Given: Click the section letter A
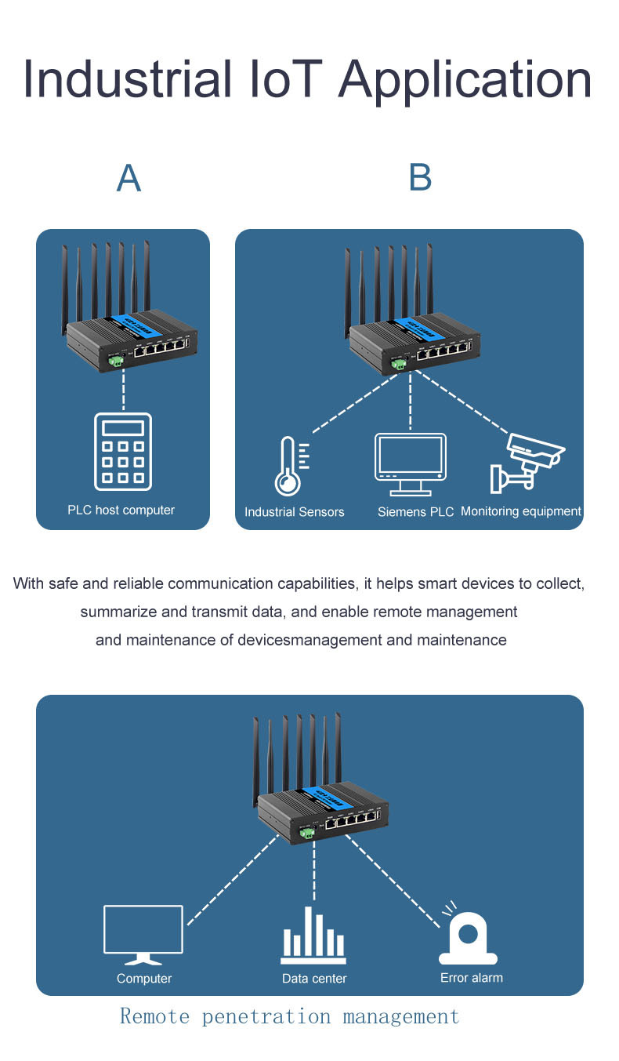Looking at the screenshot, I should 129,179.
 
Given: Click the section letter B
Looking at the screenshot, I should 420,178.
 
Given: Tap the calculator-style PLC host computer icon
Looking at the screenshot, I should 123,452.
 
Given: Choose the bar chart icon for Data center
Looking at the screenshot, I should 313,936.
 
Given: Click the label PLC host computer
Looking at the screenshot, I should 121,511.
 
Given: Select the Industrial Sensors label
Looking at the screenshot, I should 295,512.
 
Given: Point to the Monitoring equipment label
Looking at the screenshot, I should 521,511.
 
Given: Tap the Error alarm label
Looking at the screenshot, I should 472,978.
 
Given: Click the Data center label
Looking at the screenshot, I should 314,979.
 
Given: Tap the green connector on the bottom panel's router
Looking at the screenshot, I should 309,832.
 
